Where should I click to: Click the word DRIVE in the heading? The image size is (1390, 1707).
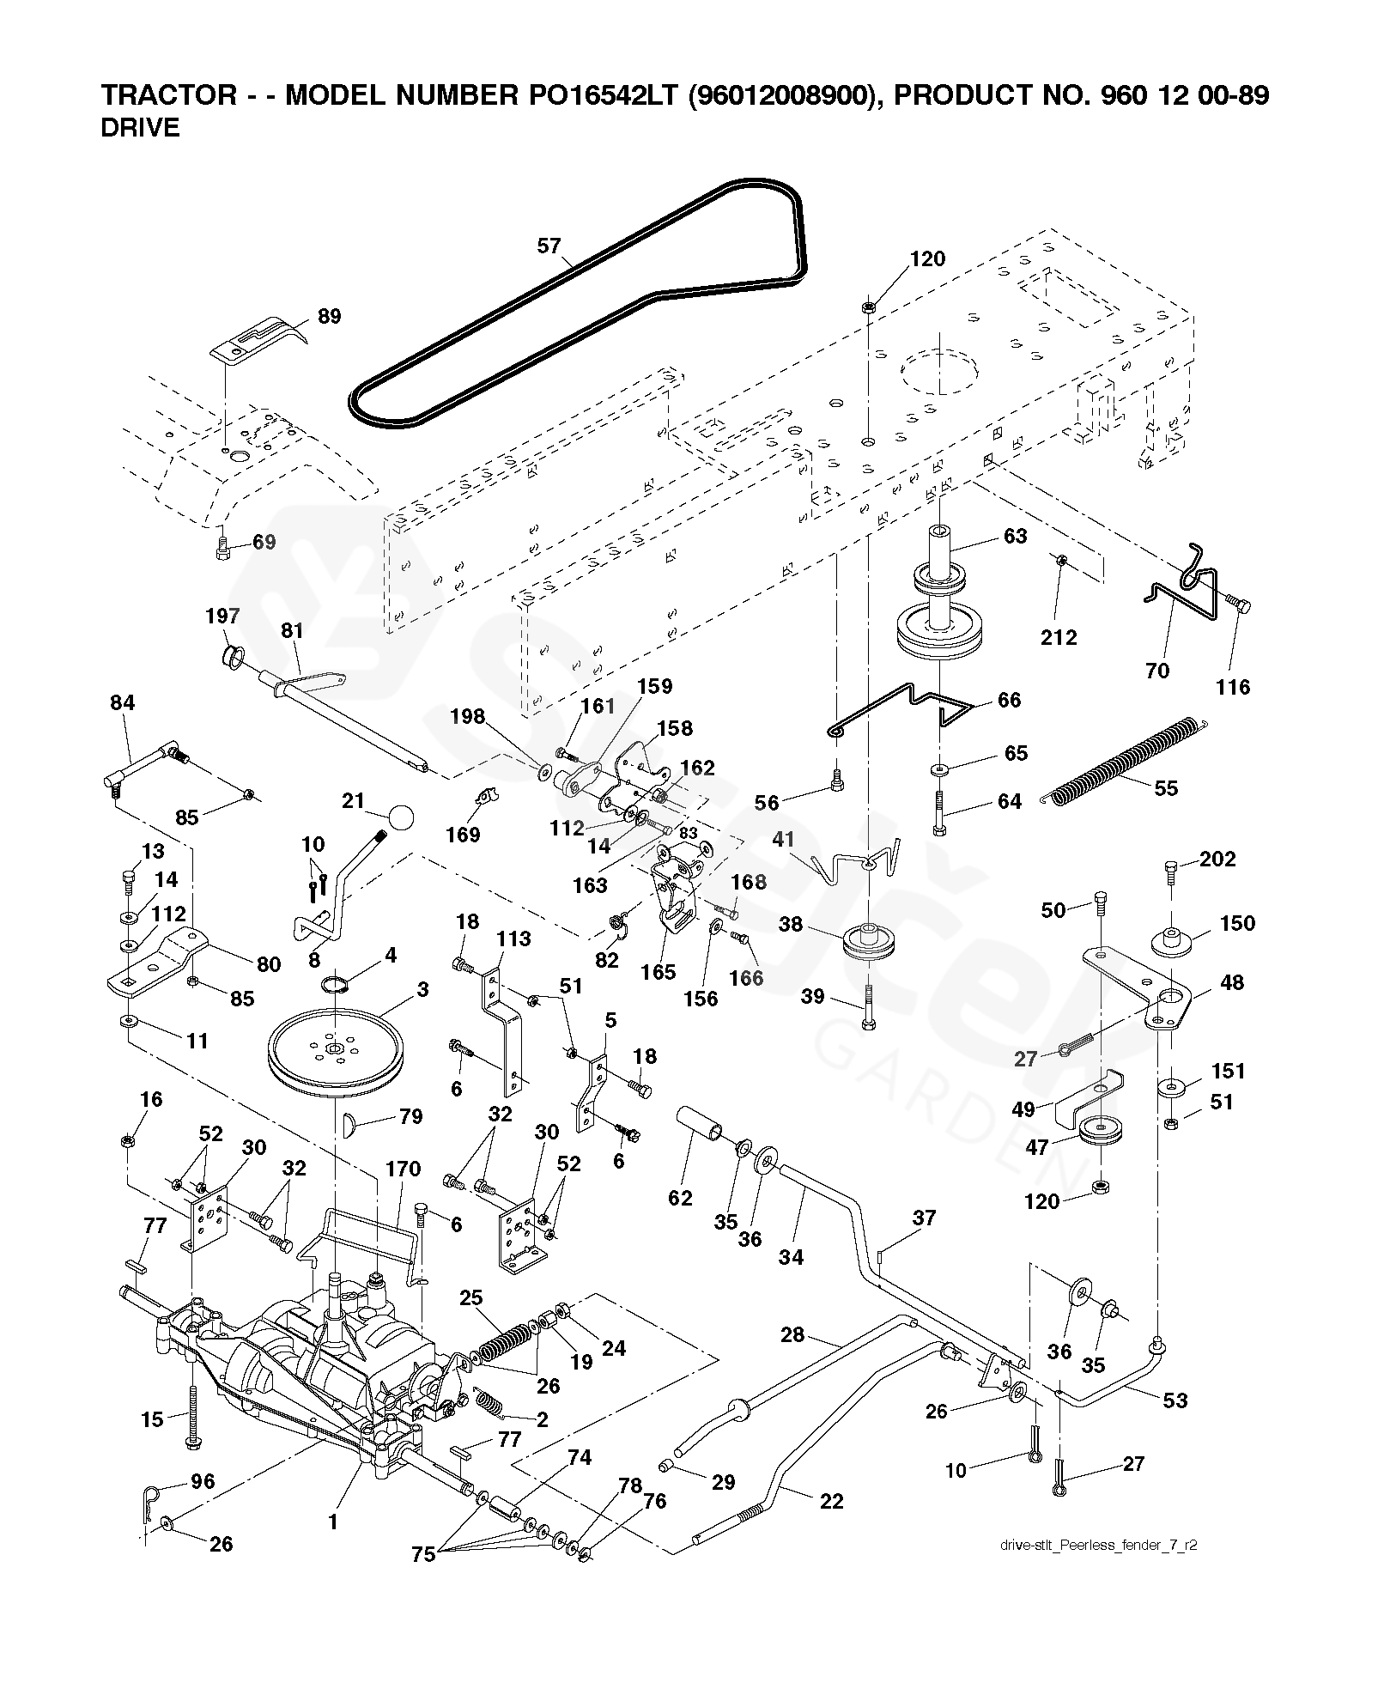[x=140, y=129]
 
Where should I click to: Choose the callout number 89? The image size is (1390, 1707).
[x=329, y=317]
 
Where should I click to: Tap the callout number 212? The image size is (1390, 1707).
[x=1058, y=637]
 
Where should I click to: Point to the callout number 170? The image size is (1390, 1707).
[x=403, y=1169]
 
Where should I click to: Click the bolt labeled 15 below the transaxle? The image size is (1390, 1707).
[x=191, y=1408]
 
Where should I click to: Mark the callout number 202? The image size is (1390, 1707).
[x=1217, y=859]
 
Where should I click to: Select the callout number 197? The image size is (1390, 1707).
[x=222, y=617]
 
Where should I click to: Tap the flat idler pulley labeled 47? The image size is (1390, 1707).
[x=1100, y=1133]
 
